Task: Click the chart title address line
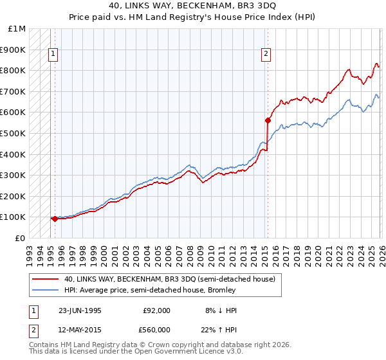[193, 6]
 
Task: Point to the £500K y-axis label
[13, 133]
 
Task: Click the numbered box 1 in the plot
[53, 55]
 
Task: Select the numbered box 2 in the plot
[266, 55]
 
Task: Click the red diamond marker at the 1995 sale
[55, 219]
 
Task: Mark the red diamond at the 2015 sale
[267, 120]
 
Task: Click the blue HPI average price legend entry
[150, 290]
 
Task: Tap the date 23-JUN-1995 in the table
[80, 310]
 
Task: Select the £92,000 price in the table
[156, 310]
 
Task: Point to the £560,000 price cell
[156, 332]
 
